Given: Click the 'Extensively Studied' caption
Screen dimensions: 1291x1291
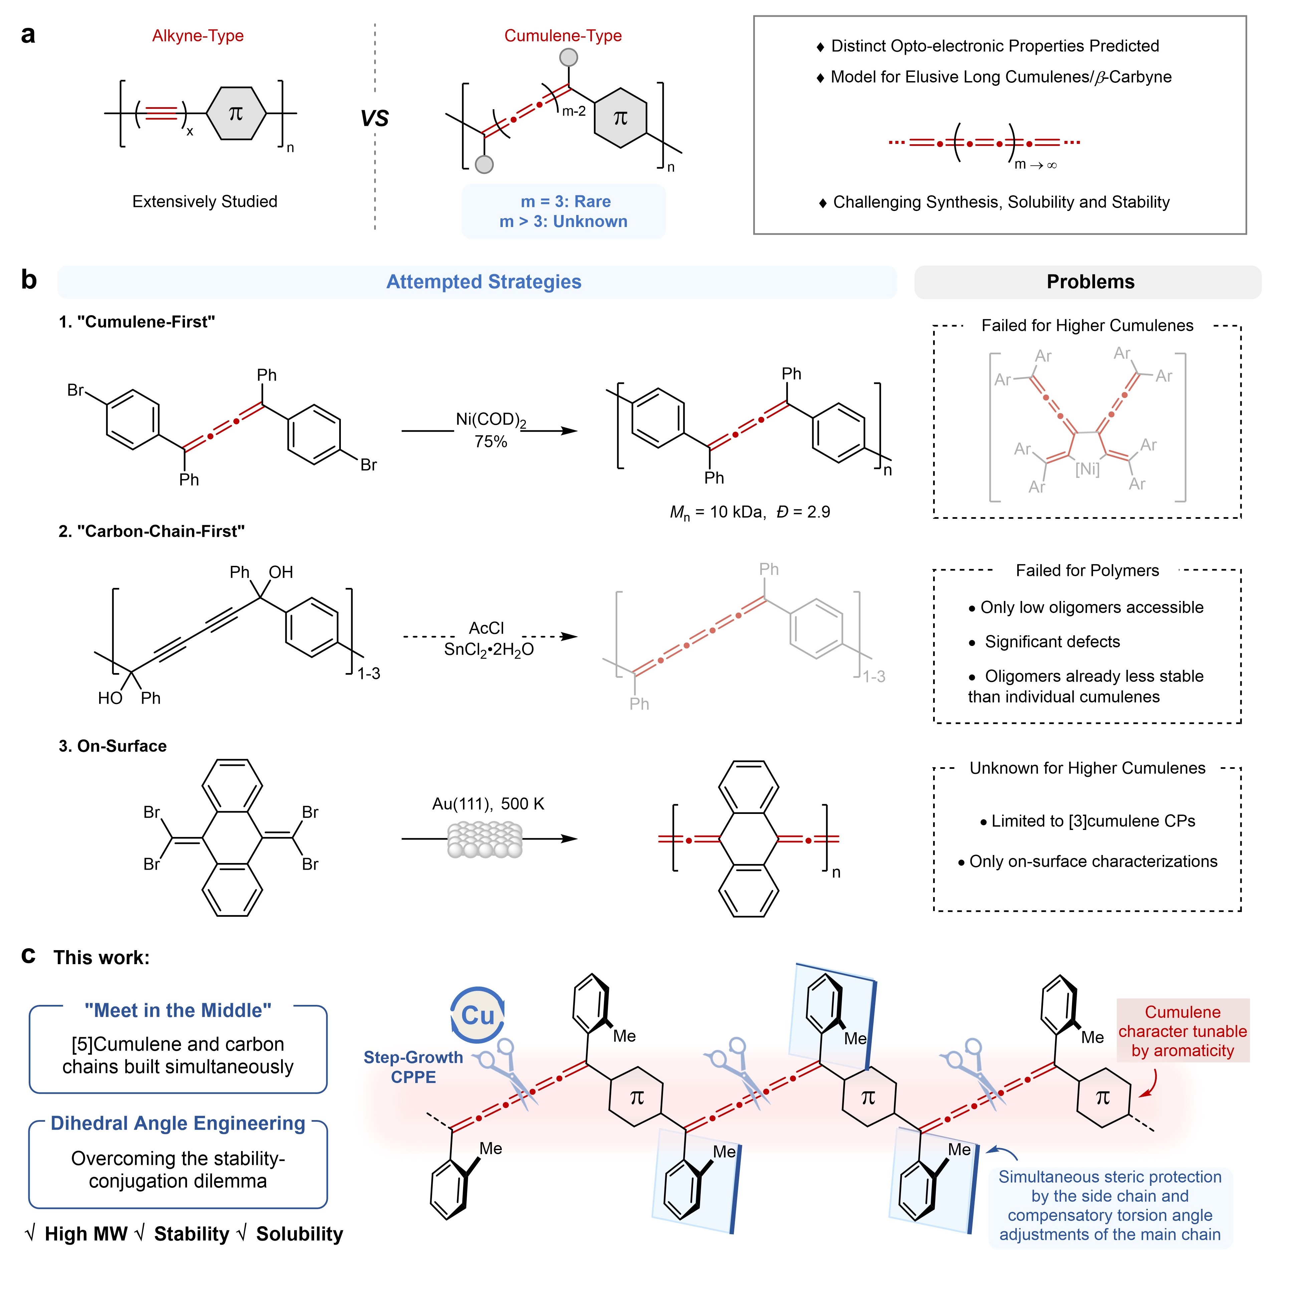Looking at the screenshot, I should [x=204, y=201].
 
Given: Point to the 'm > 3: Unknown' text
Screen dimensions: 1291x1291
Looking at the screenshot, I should [x=563, y=221].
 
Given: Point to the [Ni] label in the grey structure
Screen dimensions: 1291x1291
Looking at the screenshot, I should [x=1087, y=469].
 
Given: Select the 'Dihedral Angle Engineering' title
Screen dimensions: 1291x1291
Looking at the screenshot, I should [x=178, y=1123].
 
